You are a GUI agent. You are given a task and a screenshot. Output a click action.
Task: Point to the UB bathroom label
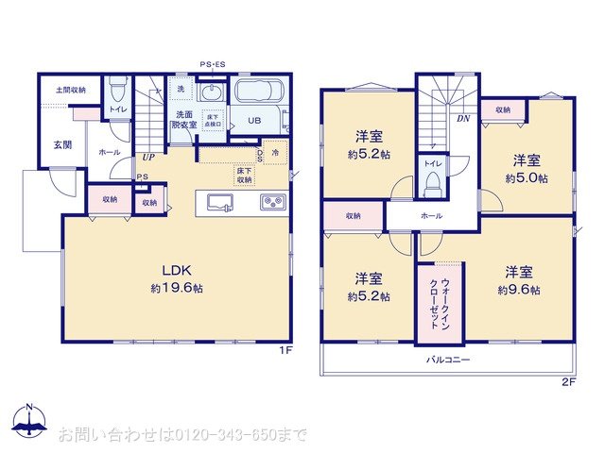tap(254, 121)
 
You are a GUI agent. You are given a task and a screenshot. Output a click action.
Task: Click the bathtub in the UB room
tap(258, 94)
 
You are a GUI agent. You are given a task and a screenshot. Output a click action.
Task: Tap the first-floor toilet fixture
tap(117, 90)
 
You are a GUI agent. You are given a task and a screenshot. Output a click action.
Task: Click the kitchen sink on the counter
tap(216, 202)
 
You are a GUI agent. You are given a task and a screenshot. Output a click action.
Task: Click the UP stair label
tap(148, 158)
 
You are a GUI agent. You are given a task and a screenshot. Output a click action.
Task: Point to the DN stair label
tap(463, 119)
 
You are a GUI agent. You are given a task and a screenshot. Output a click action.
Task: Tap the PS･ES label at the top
tap(212, 64)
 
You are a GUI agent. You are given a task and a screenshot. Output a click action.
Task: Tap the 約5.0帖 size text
tap(526, 177)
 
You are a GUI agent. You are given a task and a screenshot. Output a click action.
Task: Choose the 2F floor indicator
tap(568, 381)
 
